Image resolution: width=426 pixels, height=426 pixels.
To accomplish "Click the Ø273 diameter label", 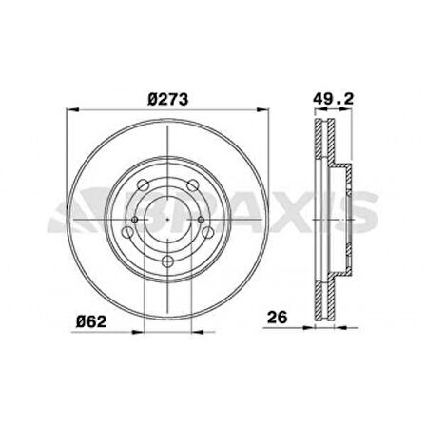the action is (168, 99).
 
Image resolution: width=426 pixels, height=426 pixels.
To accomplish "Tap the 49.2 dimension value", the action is (333, 99).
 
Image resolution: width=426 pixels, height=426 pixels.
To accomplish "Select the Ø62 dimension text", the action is (91, 322).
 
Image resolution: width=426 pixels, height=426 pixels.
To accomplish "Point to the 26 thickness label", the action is (278, 317).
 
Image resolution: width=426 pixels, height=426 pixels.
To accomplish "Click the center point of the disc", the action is (168, 219).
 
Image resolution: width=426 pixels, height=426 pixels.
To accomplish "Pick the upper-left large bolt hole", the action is (143, 184).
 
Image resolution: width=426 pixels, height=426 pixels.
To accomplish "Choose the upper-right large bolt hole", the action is (193, 184).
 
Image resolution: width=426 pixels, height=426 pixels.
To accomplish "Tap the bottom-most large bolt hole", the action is (167, 261).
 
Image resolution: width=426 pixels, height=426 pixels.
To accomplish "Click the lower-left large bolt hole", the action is (127, 232).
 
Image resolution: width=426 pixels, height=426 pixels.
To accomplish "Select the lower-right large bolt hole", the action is (208, 232).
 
